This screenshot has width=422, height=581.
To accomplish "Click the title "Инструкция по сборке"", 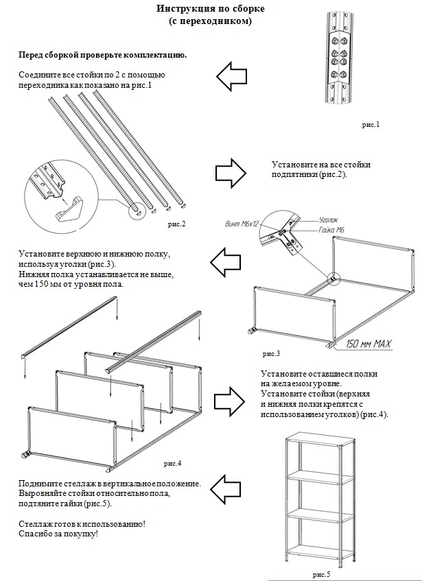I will pos(210,9).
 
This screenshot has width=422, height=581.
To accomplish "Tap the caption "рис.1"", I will pos(371,125).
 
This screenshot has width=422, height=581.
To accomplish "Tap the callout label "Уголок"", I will pos(329,222).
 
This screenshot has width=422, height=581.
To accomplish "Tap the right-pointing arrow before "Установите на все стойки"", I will pos(232,170).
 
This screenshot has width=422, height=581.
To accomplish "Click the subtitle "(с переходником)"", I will pos(210,21).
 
